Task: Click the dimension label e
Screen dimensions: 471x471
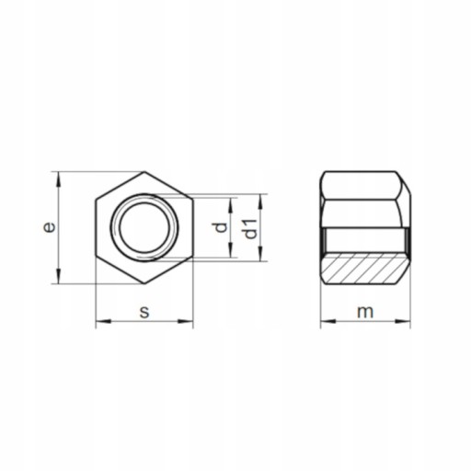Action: [50, 227]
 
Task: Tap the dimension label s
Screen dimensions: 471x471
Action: [144, 312]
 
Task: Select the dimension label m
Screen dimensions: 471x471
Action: [365, 312]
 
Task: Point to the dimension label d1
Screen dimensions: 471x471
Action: [251, 229]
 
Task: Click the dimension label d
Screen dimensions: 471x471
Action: [221, 227]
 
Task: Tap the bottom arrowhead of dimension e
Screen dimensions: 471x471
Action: [59, 276]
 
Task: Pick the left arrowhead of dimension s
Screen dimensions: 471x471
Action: [103, 321]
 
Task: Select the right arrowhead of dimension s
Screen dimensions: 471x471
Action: [186, 321]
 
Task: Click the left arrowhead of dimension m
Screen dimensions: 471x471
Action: [328, 321]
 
